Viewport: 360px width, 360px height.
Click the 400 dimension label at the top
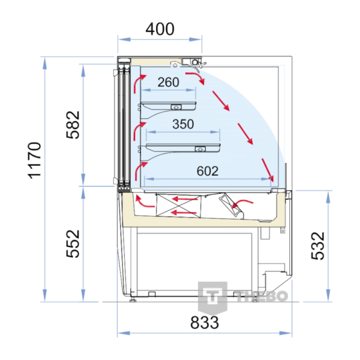click(x=160, y=29)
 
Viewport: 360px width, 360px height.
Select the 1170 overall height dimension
click(x=34, y=160)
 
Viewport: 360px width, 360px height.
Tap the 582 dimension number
click(x=73, y=125)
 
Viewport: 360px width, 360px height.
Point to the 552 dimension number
click(x=73, y=244)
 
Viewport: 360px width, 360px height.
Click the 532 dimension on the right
click(x=318, y=246)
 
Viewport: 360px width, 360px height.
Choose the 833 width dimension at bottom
click(x=205, y=322)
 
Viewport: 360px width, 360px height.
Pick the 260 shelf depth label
click(x=168, y=82)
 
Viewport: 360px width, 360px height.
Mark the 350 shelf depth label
click(x=183, y=124)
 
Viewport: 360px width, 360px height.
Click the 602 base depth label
click(x=208, y=171)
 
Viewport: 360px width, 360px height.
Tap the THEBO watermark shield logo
click(x=212, y=298)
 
